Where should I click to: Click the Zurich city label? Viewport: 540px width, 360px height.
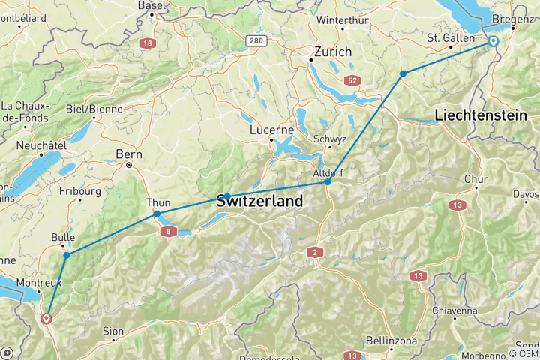[x=334, y=53]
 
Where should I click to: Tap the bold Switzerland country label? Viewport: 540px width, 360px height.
[x=259, y=201]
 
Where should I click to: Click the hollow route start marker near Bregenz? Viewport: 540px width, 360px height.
[x=493, y=41]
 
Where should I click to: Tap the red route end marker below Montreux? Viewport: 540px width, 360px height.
[x=46, y=318]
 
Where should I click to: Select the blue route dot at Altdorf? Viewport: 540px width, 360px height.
[x=328, y=181]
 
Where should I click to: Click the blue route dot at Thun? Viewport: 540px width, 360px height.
[x=157, y=214]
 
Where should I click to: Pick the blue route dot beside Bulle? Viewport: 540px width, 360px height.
[x=67, y=256]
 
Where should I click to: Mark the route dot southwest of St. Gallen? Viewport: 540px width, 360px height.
[x=403, y=73]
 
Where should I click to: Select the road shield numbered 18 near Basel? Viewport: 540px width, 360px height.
[x=147, y=43]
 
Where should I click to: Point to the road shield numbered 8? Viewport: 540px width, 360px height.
[x=169, y=232]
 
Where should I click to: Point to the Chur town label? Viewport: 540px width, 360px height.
[x=476, y=179]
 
